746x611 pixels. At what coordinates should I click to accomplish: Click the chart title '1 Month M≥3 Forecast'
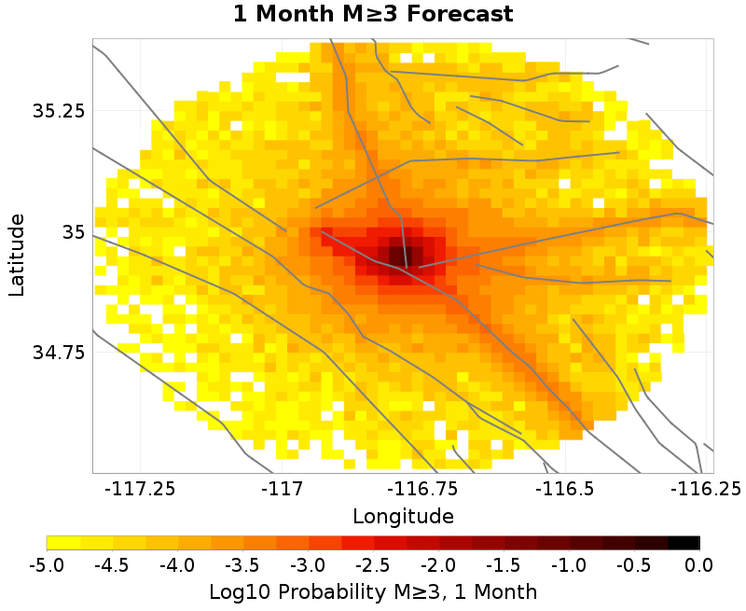pos(373,15)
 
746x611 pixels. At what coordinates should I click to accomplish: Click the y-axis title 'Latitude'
pos(16,255)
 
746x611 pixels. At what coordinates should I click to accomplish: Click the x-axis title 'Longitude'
pos(403,516)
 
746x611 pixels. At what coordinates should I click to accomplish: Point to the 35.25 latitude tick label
pos(59,110)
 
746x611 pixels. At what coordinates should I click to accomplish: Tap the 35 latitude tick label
pos(73,231)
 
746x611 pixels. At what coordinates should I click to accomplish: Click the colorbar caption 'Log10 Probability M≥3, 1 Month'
pos(373,591)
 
